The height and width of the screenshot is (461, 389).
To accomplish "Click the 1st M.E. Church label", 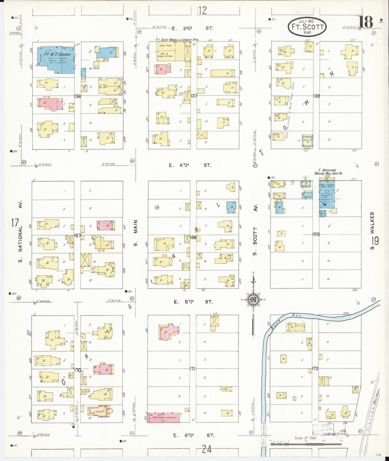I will pyautogui.click(x=57, y=55).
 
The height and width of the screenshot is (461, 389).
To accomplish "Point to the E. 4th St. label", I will pyautogui.click(x=190, y=165).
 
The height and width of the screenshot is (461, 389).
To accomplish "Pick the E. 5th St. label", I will pyautogui.click(x=193, y=302).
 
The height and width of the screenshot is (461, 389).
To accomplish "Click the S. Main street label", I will pyautogui.click(x=136, y=233).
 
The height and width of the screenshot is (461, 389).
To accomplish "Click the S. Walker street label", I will pyautogui.click(x=372, y=231).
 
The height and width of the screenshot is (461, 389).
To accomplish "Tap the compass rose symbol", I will pyautogui.click(x=253, y=299).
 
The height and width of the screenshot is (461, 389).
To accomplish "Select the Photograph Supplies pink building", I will pyautogui.click(x=163, y=417).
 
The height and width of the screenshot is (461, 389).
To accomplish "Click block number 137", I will pyautogui.click(x=193, y=96).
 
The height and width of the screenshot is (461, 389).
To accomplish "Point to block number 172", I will pyautogui.click(x=315, y=368).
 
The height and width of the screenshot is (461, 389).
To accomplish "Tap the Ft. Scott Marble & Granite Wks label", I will pyautogui.click(x=177, y=40).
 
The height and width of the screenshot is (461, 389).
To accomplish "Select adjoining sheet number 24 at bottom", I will pyautogui.click(x=207, y=449).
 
